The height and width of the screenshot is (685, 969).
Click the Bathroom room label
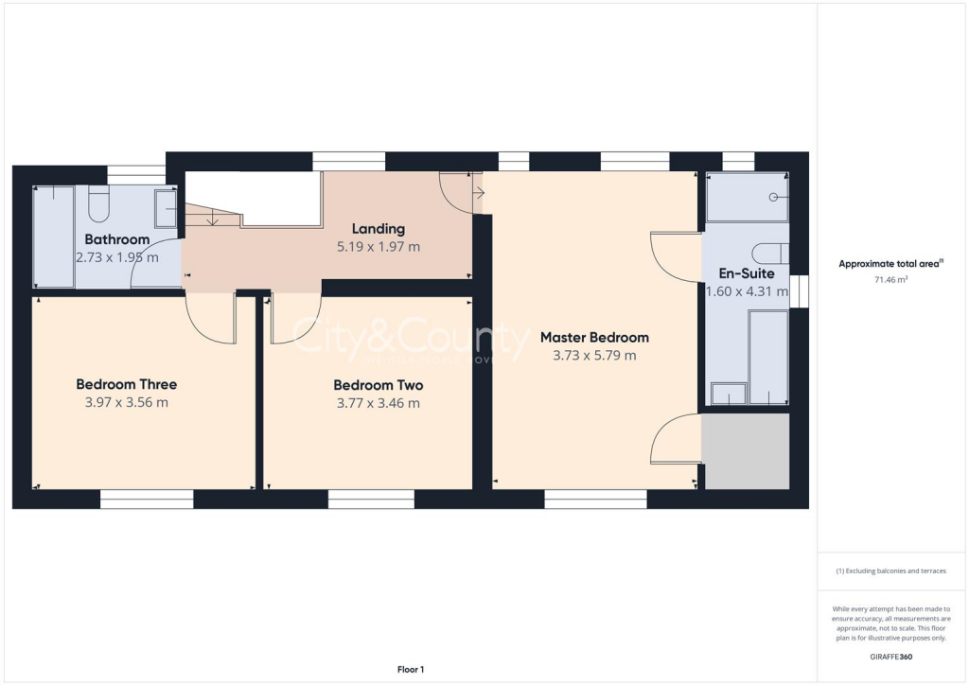(x=117, y=239)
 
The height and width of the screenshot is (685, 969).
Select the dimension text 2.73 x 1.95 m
(x=117, y=256)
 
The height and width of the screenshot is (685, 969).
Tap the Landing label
(x=379, y=228)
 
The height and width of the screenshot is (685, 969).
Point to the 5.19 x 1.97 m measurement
(x=379, y=246)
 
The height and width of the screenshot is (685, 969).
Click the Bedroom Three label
(x=127, y=384)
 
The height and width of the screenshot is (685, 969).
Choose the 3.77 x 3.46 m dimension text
(x=379, y=403)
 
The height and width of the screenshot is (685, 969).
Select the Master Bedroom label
(x=594, y=337)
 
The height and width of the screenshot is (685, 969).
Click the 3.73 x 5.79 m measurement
(x=594, y=356)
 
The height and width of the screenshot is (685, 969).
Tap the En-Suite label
(x=747, y=273)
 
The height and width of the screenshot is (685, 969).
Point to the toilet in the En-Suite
(x=769, y=254)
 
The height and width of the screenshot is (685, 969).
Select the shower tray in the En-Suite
(x=748, y=197)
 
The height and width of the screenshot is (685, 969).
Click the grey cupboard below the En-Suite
(x=747, y=451)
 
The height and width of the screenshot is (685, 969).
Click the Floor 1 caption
(x=411, y=670)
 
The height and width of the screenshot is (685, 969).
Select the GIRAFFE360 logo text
(x=891, y=657)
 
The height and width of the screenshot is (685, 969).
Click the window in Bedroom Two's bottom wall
(x=370, y=498)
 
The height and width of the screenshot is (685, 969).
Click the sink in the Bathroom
(x=166, y=208)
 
